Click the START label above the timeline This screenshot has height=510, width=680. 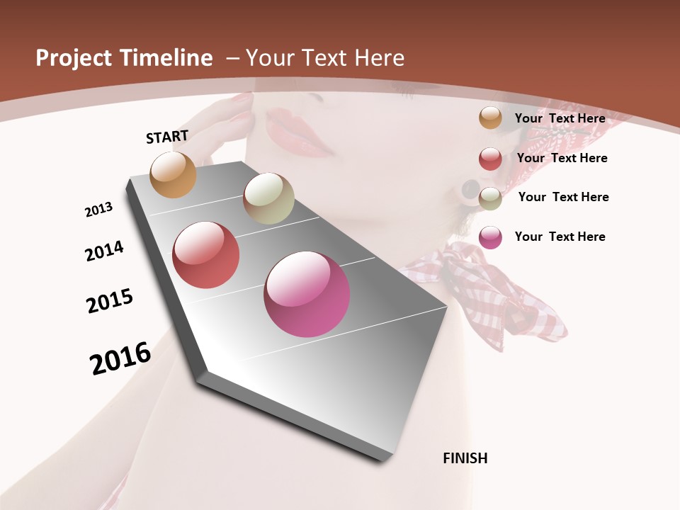click(x=167, y=137)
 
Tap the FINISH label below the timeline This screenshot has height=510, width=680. click(x=465, y=458)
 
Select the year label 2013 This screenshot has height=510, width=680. click(x=99, y=210)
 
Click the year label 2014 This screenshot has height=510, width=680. click(x=104, y=251)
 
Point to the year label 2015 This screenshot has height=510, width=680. click(x=110, y=301)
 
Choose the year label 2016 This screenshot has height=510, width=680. click(x=120, y=358)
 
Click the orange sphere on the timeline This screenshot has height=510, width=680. click(x=174, y=174)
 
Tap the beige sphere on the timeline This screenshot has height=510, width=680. click(x=268, y=198)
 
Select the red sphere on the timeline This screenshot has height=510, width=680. click(x=206, y=255)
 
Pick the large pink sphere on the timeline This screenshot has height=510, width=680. click(x=307, y=294)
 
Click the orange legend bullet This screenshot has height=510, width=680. click(x=490, y=118)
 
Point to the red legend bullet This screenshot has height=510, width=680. click(x=490, y=159)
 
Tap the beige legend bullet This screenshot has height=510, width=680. click(x=490, y=198)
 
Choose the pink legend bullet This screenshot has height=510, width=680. click(x=490, y=237)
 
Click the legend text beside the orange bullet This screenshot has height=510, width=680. click(x=560, y=118)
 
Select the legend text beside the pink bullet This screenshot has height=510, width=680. click(x=560, y=237)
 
